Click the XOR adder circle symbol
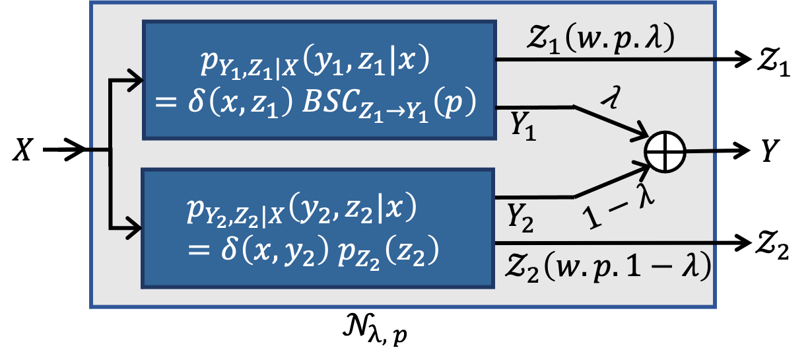(x=665, y=152)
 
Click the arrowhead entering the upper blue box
(x=136, y=81)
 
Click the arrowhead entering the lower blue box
(x=135, y=229)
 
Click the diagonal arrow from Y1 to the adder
(x=610, y=123)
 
